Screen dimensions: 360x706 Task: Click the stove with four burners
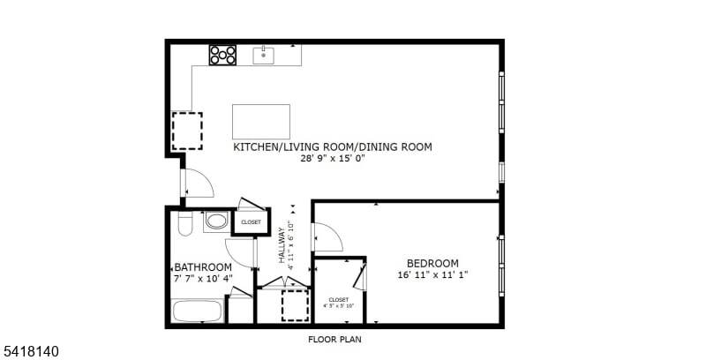click(223, 55)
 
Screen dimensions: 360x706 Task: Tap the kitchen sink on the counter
click(264, 56)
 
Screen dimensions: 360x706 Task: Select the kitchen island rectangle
click(261, 120)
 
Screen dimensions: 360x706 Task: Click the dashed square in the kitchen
click(186, 130)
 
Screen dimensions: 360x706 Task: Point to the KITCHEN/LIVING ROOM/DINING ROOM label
click(333, 147)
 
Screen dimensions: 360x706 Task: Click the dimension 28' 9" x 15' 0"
click(333, 159)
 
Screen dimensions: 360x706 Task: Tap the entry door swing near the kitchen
click(197, 183)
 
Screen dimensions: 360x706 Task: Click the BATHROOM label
click(203, 267)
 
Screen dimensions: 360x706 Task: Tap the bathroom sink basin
click(216, 221)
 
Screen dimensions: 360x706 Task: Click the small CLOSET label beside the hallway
click(251, 222)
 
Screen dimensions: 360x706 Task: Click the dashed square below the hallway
click(295, 305)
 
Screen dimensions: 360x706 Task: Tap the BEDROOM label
click(432, 263)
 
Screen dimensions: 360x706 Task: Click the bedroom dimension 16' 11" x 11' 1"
click(432, 274)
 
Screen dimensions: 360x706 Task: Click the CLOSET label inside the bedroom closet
click(339, 300)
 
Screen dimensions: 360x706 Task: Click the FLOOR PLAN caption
click(334, 339)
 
